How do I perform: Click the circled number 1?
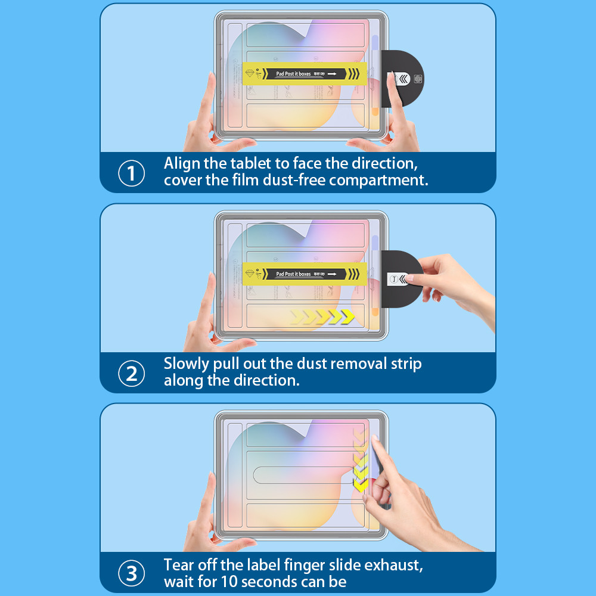click(x=132, y=173)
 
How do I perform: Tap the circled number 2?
click(x=132, y=374)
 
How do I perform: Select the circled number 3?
click(x=132, y=573)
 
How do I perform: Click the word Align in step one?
click(x=182, y=163)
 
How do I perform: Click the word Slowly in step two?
click(x=187, y=364)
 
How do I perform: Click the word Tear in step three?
click(x=179, y=564)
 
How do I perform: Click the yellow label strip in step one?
click(x=303, y=74)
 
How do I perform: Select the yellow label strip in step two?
click(x=303, y=274)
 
